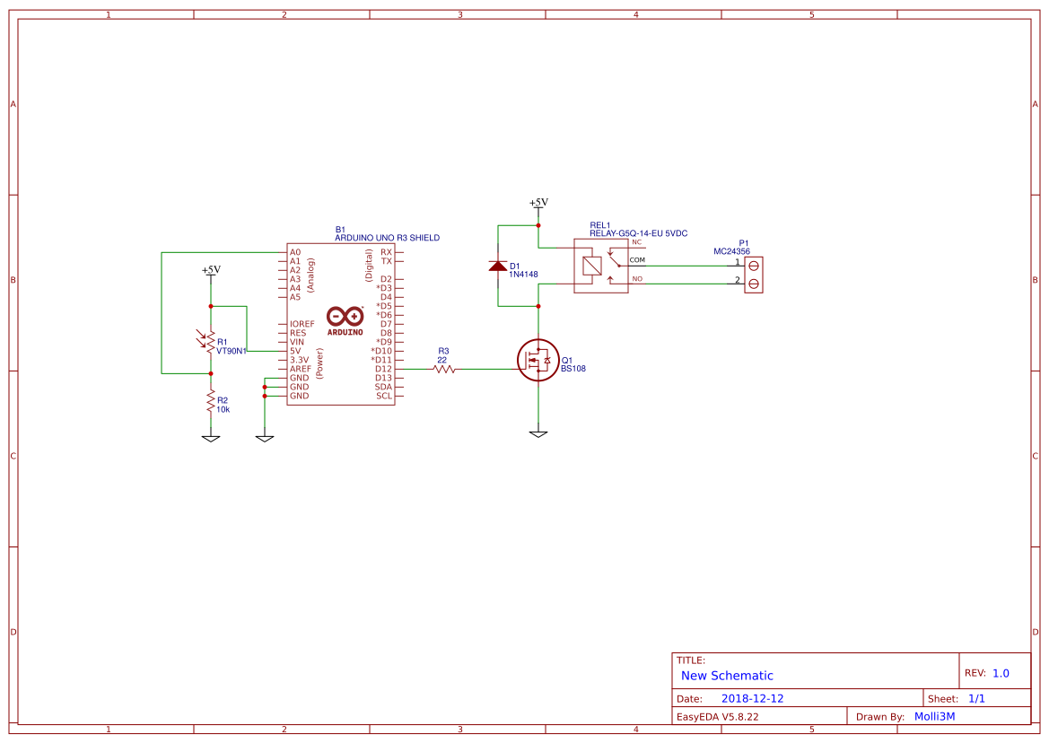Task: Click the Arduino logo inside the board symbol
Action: point(345,320)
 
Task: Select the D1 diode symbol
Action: point(498,266)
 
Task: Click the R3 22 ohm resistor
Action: point(443,369)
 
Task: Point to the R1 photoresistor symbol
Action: point(210,342)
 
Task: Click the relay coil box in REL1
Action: point(592,266)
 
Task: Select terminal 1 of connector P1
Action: point(754,266)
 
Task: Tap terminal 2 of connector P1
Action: point(754,284)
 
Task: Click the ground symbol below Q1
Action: point(538,434)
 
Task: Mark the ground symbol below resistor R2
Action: point(211,438)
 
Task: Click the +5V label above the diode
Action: point(538,203)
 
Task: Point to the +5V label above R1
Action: point(211,270)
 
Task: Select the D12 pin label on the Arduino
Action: point(384,369)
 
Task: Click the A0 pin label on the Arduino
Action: point(295,252)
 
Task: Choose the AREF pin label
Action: point(300,369)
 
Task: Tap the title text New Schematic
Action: point(727,676)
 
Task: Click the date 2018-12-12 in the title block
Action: point(752,698)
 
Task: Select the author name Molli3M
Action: point(934,716)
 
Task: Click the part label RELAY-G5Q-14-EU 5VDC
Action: point(638,233)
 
